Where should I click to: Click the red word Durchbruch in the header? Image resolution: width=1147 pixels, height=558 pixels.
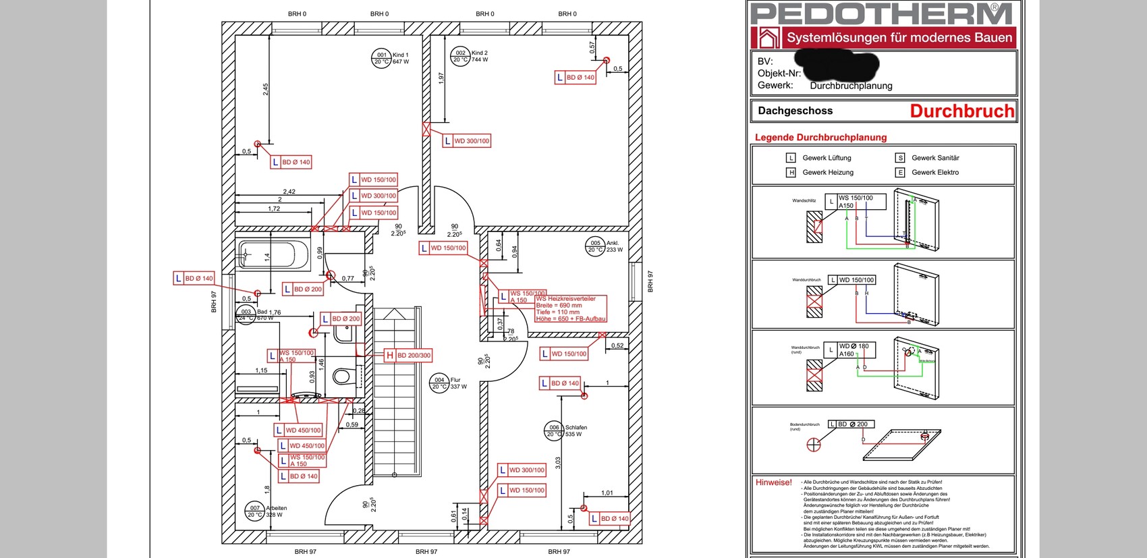[961, 111]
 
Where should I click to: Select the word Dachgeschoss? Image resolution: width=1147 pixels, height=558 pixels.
[795, 111]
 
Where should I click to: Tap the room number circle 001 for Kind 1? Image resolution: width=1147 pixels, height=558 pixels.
[382, 58]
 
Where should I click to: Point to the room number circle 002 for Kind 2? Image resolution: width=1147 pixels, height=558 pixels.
[460, 56]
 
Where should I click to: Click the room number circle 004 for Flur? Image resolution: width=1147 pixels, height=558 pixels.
[439, 383]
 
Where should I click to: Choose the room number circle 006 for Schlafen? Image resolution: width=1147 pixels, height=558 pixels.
[554, 430]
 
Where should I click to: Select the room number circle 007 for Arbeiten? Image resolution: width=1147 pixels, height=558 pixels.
[254, 511]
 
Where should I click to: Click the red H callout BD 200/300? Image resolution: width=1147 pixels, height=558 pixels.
[408, 356]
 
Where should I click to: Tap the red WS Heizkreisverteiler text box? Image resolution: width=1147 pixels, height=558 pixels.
[570, 308]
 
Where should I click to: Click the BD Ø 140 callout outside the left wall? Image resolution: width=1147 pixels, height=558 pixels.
[194, 278]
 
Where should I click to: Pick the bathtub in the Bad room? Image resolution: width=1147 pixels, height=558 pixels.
[266, 255]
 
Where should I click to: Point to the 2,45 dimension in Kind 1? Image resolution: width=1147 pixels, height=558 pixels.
[266, 89]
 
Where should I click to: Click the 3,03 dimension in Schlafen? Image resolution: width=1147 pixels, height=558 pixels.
[558, 463]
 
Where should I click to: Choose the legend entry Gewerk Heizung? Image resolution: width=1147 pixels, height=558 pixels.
[827, 172]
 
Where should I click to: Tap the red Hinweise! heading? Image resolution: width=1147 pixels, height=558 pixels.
[773, 482]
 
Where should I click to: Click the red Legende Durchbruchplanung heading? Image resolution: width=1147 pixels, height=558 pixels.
[820, 138]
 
